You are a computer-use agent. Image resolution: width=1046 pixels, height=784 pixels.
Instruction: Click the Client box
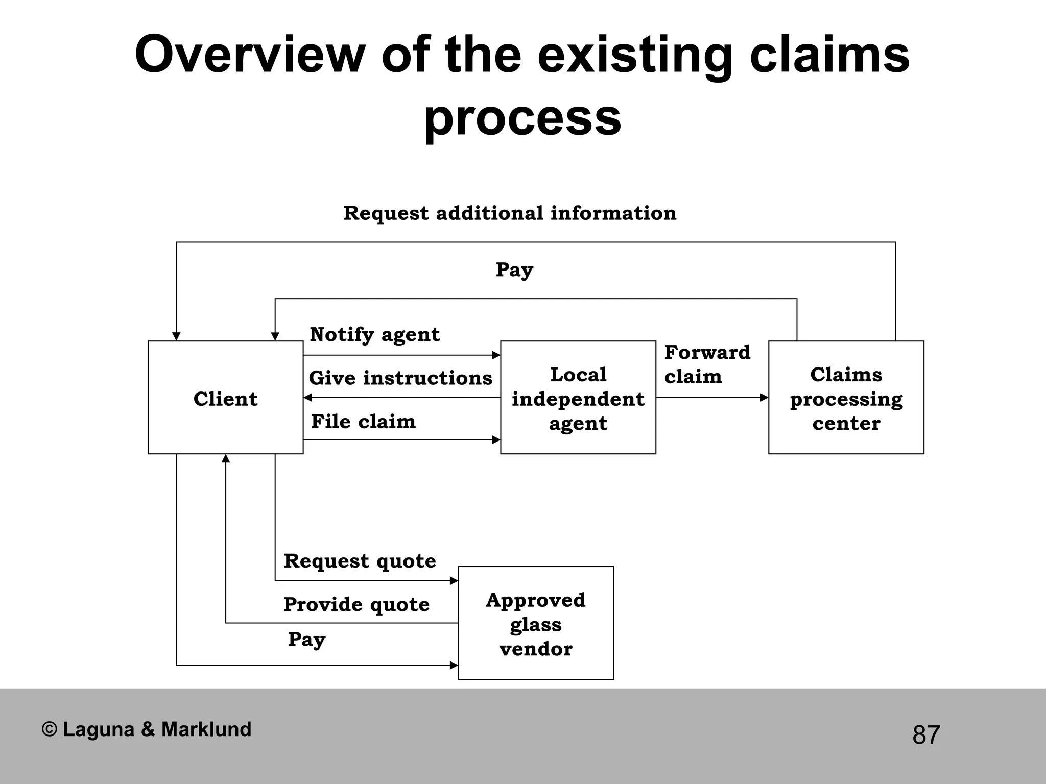[x=225, y=398]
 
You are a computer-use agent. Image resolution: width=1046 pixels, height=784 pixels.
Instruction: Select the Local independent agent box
[x=578, y=398]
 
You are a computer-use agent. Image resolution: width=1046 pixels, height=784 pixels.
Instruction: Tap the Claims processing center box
[x=846, y=398]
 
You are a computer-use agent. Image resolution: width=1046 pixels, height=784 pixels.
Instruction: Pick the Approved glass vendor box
[x=535, y=623]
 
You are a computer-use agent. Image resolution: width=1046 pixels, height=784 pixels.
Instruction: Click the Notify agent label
[x=374, y=335]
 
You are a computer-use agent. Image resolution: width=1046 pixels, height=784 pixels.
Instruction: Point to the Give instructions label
[x=400, y=378]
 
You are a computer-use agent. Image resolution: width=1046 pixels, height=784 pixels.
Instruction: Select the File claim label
[x=363, y=422]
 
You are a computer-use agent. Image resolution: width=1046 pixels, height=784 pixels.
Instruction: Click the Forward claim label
[x=707, y=364]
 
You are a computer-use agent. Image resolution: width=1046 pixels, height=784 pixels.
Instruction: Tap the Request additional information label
[x=510, y=213]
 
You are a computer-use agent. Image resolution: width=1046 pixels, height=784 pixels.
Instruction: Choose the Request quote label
[x=360, y=561]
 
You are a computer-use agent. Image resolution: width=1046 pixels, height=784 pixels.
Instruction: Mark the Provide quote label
[x=356, y=605]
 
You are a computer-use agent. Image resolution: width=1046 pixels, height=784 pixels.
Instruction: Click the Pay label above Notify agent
[x=514, y=270]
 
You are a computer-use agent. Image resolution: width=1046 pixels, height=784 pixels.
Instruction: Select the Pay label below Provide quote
[x=306, y=640]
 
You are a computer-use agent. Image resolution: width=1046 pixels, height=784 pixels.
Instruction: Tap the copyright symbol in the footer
[x=49, y=729]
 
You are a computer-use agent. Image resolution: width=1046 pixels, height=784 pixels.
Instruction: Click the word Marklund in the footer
[x=206, y=729]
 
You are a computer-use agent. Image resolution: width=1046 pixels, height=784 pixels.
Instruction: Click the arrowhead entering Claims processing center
[x=765, y=398]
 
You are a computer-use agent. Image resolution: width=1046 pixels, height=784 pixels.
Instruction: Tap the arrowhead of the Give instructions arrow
[x=307, y=398]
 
